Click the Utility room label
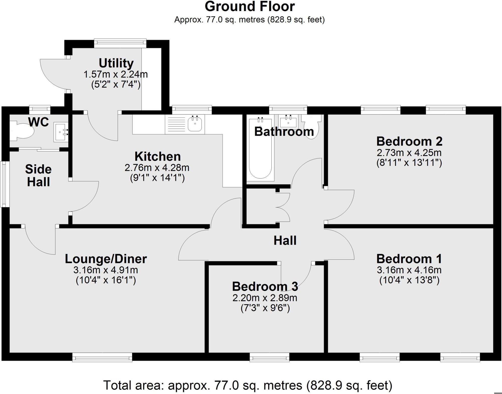[x=116, y=63]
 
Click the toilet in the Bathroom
[x=311, y=126]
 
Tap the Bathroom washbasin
[x=288, y=122]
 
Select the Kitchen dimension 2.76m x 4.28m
[x=157, y=168]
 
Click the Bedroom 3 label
[x=265, y=286]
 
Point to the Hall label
[x=285, y=240]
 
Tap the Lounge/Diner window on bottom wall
[x=102, y=357]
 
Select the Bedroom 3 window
[x=269, y=357]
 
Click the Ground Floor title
[x=249, y=7]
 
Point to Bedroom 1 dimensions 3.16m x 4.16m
[x=409, y=270]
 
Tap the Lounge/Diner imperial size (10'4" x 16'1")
[x=106, y=280]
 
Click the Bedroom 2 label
[x=409, y=141]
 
